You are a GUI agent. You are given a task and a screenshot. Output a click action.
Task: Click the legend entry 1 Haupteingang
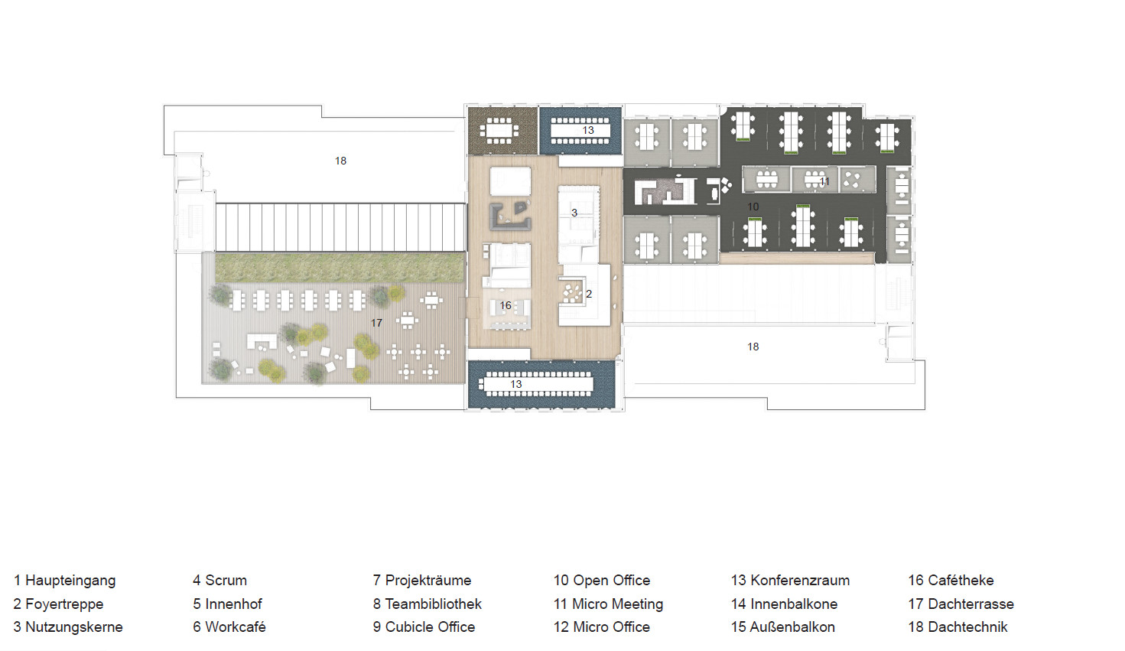coord(65,580)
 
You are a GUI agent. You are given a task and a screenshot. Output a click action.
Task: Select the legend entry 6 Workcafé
coord(229,627)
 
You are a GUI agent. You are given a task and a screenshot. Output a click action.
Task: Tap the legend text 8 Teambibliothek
coord(428,604)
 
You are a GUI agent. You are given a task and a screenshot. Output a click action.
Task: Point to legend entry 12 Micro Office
coord(602,627)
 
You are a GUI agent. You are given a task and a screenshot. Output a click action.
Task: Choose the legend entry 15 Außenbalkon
coord(783,627)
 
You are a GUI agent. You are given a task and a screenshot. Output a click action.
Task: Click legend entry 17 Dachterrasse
coord(961,604)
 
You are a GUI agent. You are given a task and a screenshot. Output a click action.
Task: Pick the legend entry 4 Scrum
coord(220,580)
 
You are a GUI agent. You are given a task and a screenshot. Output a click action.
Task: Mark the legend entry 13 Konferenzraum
coord(791,580)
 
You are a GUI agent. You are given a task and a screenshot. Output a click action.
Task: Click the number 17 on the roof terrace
coord(377,323)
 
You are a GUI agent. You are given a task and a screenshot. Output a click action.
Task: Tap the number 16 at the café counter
coord(506,305)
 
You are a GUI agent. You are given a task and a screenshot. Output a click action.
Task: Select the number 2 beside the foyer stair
coord(589,294)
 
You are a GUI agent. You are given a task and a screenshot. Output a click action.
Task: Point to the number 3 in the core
coord(574,213)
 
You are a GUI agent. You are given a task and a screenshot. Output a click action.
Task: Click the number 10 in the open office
coord(753,207)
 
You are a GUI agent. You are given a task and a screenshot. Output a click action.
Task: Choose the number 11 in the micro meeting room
coord(824,181)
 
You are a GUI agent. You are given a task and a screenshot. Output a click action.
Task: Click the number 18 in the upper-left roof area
coord(340,161)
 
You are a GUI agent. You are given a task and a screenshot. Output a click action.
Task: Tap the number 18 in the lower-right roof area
coord(753,347)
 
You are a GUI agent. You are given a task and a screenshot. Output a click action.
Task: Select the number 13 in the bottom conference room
coord(516,384)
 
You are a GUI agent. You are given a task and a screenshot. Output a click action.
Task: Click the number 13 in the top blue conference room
coord(588,131)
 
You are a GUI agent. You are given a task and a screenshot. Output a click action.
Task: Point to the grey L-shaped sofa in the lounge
coord(510,216)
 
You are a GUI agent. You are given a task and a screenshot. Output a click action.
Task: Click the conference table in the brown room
coord(499,131)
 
